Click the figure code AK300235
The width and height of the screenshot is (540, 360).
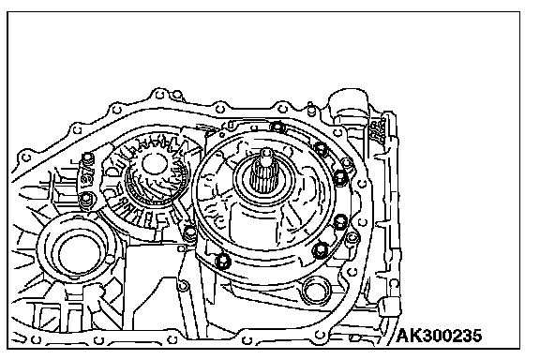pos(439,336)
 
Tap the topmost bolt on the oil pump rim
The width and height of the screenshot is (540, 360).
pos(277,127)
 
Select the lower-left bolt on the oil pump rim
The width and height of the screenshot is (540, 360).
pos(222,261)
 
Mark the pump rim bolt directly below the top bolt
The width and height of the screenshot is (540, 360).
pos(321,148)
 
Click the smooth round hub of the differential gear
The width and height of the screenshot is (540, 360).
pos(154,164)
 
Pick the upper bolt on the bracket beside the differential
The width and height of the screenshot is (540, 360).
pos(88,158)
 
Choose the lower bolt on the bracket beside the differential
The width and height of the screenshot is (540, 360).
pos(85,199)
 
